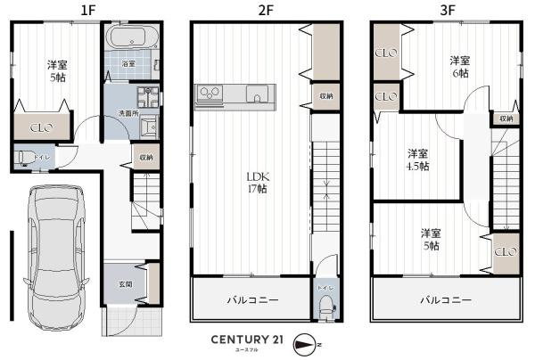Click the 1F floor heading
[x=86, y=11]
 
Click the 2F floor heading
[x=265, y=11]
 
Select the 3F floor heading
[x=447, y=11]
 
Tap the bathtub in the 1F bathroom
[x=132, y=39]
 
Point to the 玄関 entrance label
[x=126, y=285]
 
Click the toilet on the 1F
[x=29, y=159]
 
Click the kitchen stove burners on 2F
[x=210, y=92]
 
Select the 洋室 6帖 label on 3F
[x=460, y=68]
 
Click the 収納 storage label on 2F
[x=326, y=94]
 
